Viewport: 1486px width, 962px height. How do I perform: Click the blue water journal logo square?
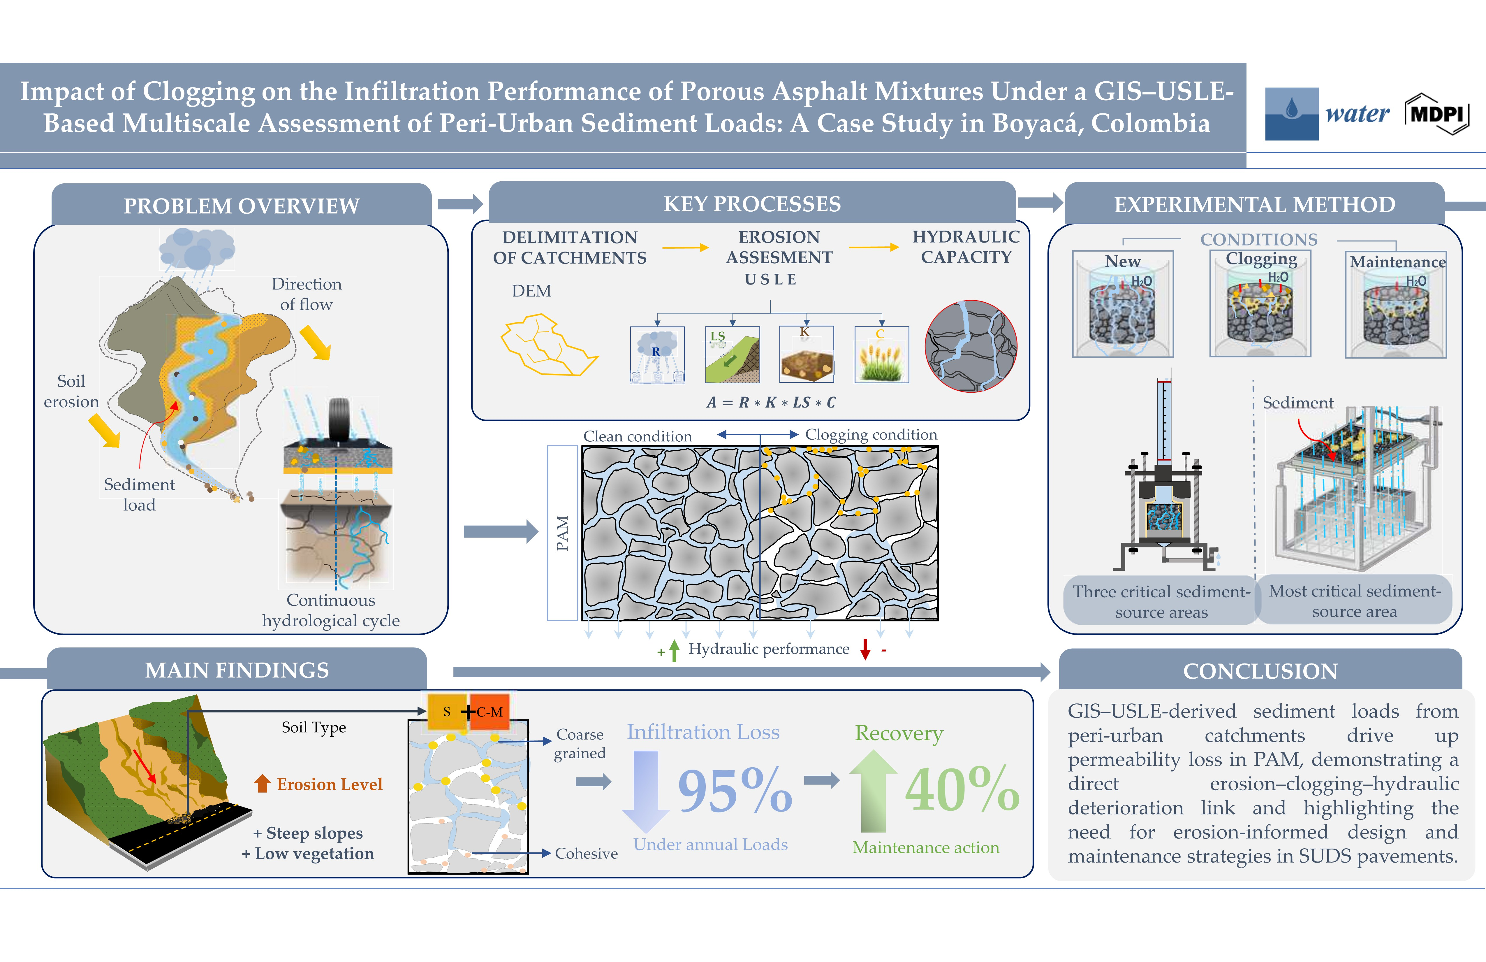pos(1291,114)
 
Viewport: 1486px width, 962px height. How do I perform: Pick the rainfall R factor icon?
pos(657,354)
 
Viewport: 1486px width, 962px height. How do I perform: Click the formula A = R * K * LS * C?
pos(771,402)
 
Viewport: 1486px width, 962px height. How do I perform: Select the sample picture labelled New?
pos(1123,304)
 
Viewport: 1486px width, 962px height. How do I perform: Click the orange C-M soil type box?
pos(490,712)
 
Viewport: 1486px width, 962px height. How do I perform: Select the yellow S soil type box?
pos(446,712)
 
